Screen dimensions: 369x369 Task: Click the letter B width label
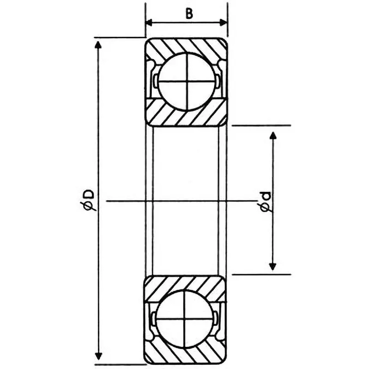pyautogui.click(x=189, y=13)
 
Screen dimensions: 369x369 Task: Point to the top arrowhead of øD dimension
pyautogui.click(x=98, y=44)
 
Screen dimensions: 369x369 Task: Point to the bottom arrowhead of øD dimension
pyautogui.click(x=98, y=356)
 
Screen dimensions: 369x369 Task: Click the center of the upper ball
pyautogui.click(x=186, y=81)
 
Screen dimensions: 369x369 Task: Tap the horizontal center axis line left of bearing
pyautogui.click(x=125, y=201)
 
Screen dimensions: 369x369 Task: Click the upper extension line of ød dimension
pyautogui.click(x=261, y=125)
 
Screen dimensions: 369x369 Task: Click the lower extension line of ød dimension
pyautogui.click(x=261, y=274)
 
